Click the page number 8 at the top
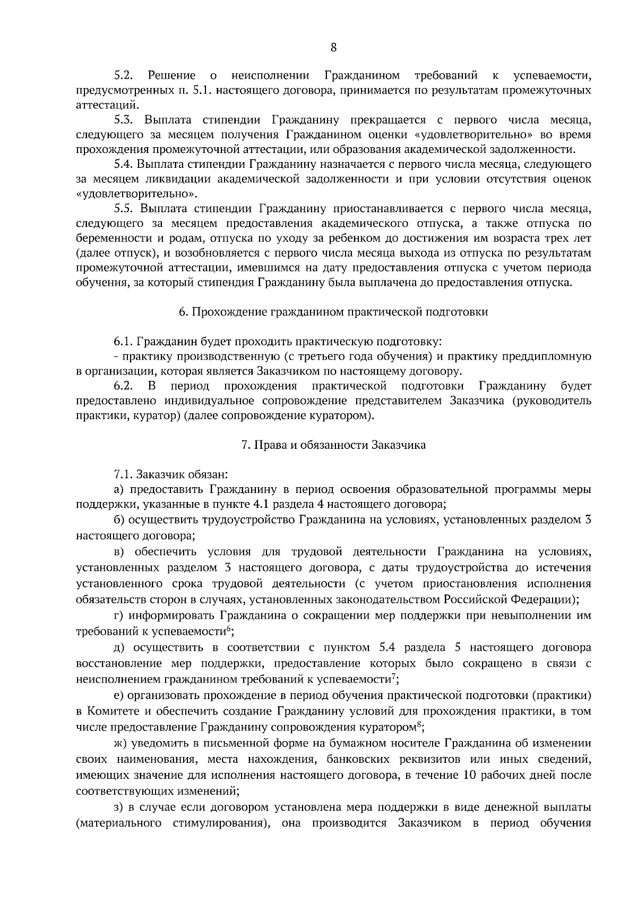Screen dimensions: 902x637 (x=333, y=48)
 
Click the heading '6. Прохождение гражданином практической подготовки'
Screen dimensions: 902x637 (x=333, y=312)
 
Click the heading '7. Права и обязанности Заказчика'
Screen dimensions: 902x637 (x=333, y=445)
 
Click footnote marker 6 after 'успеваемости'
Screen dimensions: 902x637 (x=228, y=629)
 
